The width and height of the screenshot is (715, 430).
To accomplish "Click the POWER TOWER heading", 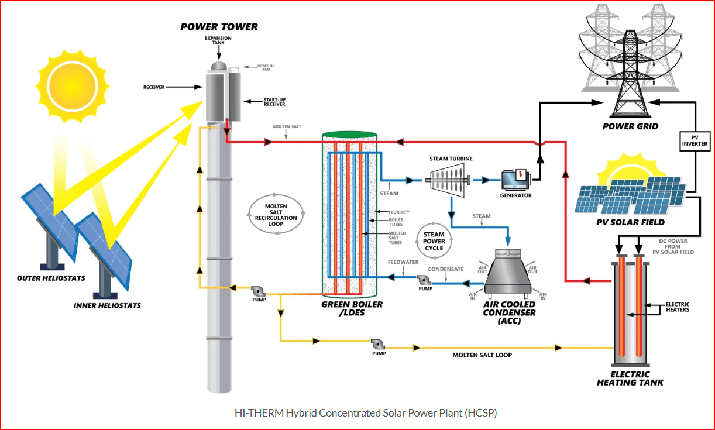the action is [219, 27].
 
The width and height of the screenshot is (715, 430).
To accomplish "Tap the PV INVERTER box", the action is [695, 141].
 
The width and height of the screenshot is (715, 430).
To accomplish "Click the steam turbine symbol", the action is [448, 180].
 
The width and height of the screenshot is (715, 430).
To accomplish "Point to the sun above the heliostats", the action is [72, 86].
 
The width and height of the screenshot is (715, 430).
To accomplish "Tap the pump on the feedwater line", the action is [424, 280].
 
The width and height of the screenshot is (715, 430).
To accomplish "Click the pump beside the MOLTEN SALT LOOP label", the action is [378, 345].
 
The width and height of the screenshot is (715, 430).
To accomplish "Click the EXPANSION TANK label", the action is [218, 40].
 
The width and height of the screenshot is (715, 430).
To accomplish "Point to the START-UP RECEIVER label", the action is [274, 102].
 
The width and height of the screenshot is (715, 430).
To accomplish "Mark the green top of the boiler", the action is [349, 135].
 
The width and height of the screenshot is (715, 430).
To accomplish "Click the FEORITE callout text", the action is [398, 212].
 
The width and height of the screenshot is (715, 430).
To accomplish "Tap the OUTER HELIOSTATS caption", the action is [51, 278].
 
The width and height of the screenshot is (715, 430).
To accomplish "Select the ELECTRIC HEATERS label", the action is [678, 307].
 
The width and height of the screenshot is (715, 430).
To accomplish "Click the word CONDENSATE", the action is [446, 269].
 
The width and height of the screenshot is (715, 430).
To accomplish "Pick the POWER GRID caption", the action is [630, 126].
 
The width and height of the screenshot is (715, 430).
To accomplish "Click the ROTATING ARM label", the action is [266, 67].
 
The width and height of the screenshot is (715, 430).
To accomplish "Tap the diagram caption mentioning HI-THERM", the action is [366, 413].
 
